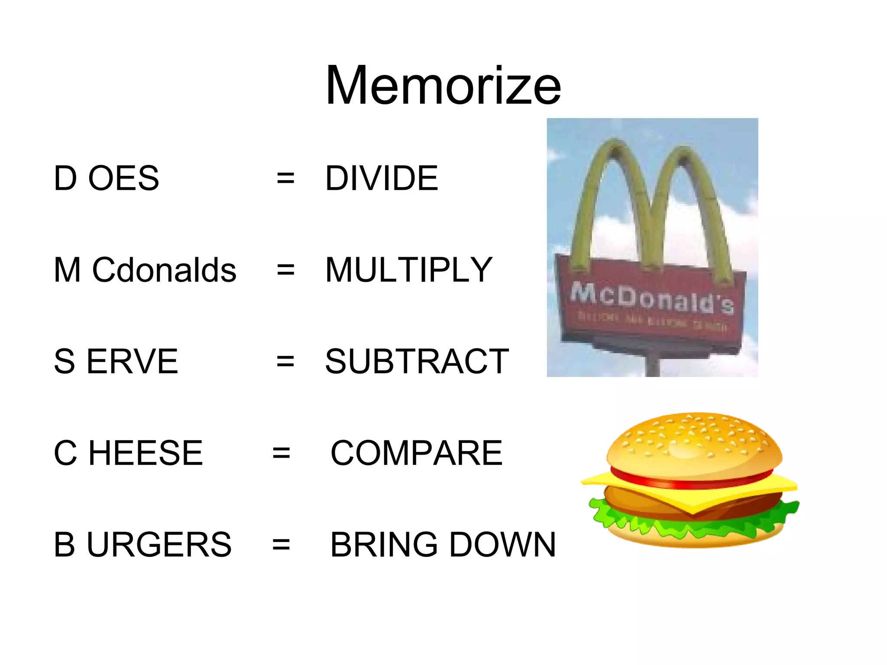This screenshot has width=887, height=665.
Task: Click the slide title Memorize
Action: pyautogui.click(x=443, y=85)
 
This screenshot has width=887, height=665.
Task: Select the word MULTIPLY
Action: pyautogui.click(x=409, y=270)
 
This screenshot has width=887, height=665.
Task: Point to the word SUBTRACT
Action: pyautogui.click(x=417, y=362)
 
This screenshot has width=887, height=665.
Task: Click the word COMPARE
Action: pyautogui.click(x=416, y=453)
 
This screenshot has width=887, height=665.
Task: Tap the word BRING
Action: pyautogui.click(x=384, y=545)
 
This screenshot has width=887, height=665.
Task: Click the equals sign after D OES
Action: pyautogui.click(x=285, y=178)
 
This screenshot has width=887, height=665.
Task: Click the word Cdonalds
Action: pyautogui.click(x=164, y=270)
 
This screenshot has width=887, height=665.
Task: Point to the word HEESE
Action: pyautogui.click(x=146, y=453)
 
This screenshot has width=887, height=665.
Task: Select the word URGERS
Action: pyautogui.click(x=159, y=545)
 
